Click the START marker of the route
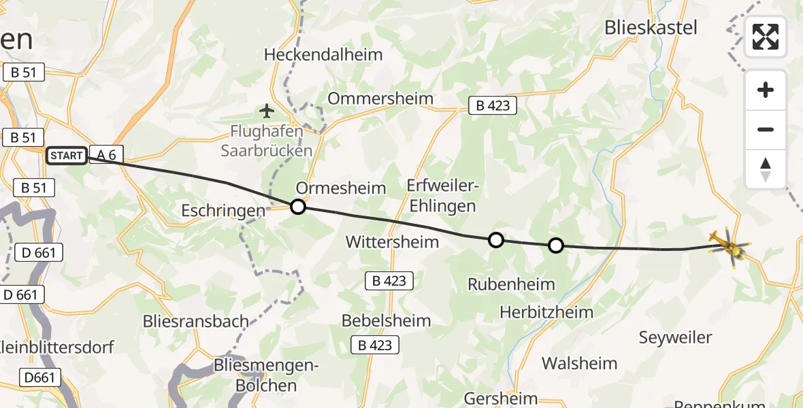click(x=67, y=156)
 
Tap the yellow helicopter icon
click(x=727, y=245)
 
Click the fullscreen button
click(x=766, y=37)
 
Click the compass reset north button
click(x=766, y=169)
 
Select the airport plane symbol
click(x=266, y=110)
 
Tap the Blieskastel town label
click(x=651, y=28)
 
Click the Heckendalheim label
click(x=323, y=54)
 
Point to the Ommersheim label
click(x=380, y=98)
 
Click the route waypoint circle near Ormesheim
click(x=298, y=207)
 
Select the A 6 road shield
click(x=105, y=156)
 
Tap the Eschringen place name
click(x=223, y=211)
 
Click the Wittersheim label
click(x=392, y=241)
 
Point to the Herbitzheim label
click(x=546, y=312)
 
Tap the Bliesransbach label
click(x=196, y=321)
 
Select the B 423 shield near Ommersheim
click(x=493, y=105)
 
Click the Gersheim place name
click(x=501, y=398)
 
